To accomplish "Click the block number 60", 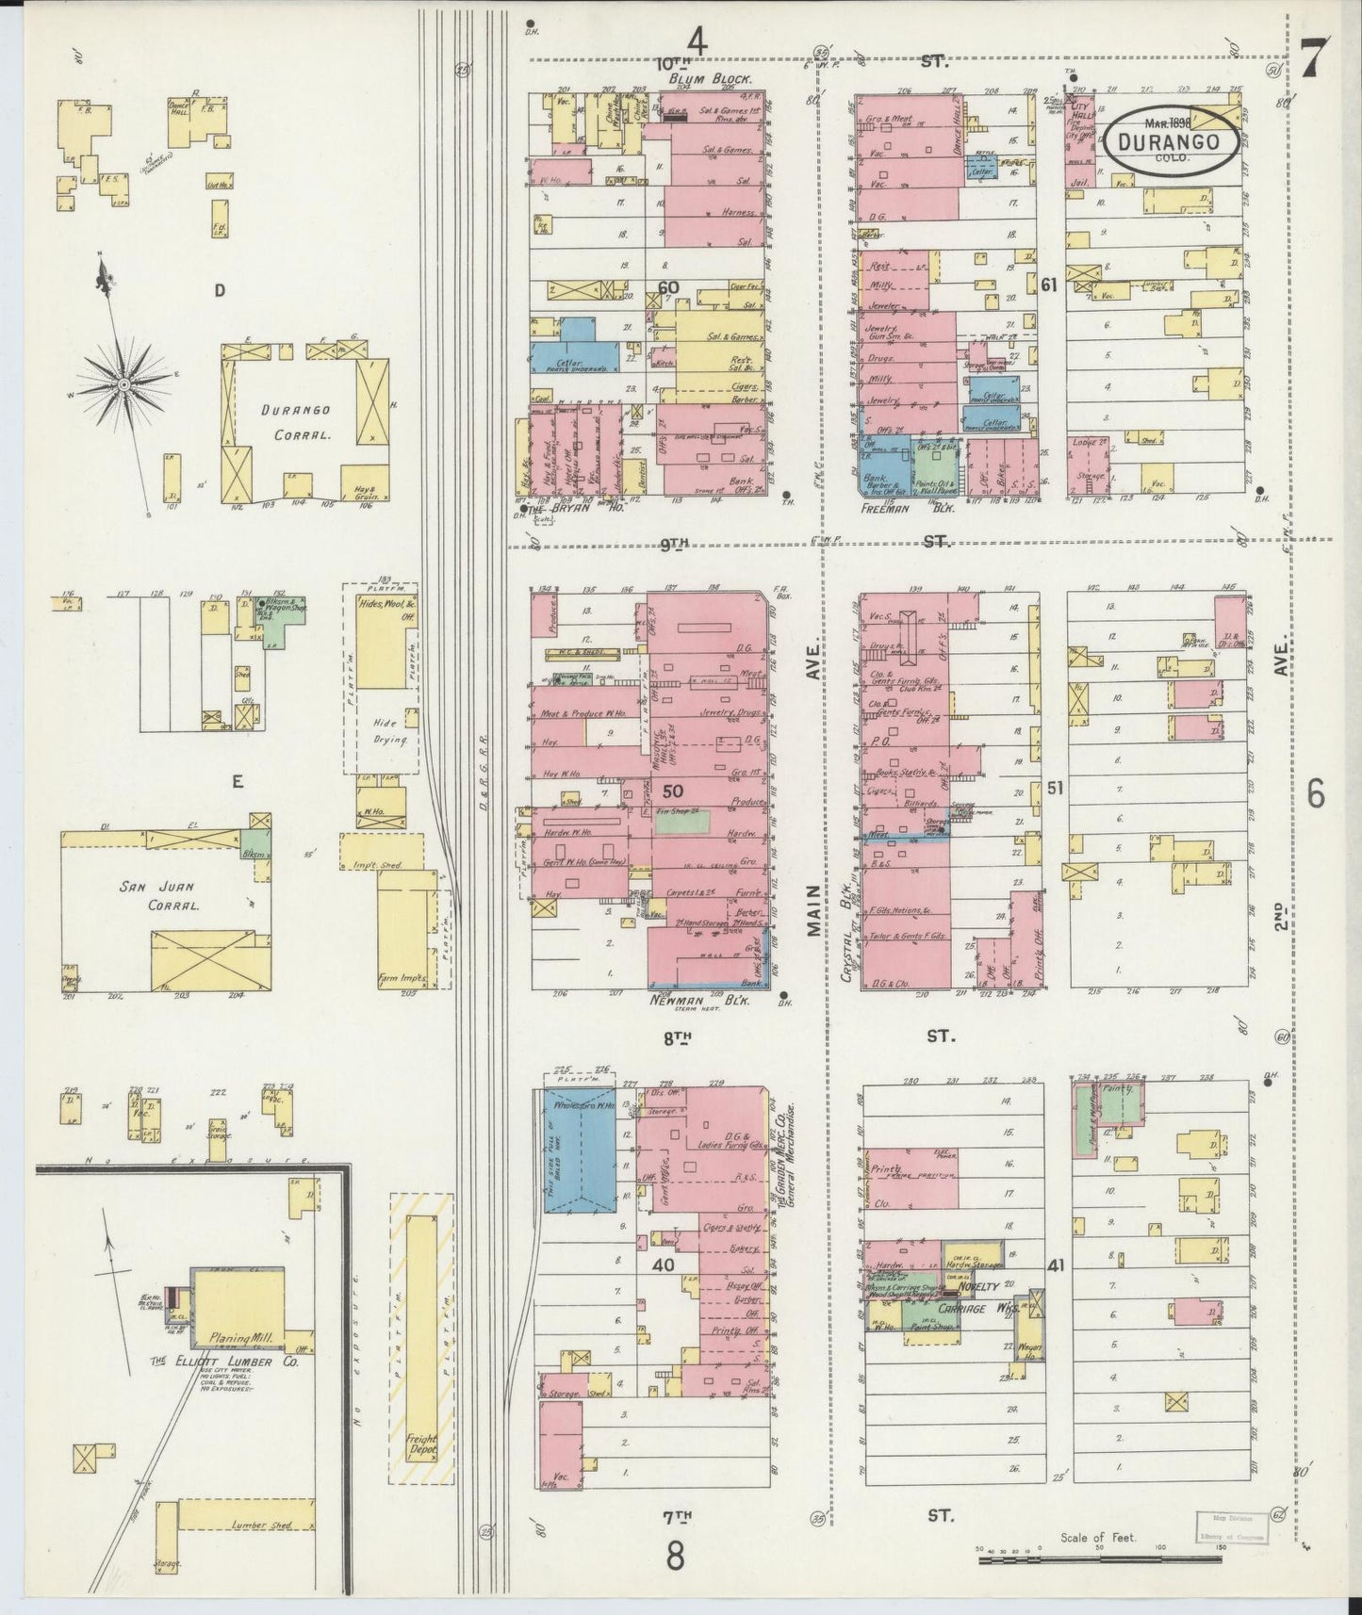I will coord(668,287).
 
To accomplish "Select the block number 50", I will coord(672,790).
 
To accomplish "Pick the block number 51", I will coord(1054,787).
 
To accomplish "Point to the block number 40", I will coord(663,1264).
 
